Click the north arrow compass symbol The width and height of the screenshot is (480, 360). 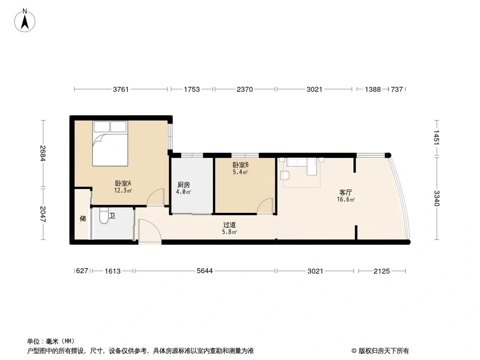(x=25, y=21)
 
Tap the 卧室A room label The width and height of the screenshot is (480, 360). (x=123, y=184)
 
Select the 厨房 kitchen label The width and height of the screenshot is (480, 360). (x=184, y=185)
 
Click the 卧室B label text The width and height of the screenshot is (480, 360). (x=240, y=165)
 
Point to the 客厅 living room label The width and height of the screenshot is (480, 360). (x=346, y=193)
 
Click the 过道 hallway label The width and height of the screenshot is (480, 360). (x=229, y=225)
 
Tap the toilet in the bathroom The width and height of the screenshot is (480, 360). (x=104, y=216)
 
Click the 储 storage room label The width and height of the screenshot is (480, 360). (x=83, y=218)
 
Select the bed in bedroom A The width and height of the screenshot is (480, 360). (x=110, y=144)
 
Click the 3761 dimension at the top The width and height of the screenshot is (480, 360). (x=121, y=89)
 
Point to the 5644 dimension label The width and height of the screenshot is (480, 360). (x=205, y=271)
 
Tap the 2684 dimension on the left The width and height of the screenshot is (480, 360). (x=43, y=153)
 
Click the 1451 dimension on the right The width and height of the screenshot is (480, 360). (x=436, y=137)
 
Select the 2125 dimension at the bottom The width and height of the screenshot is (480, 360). (x=382, y=271)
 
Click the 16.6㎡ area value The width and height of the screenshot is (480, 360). (x=346, y=200)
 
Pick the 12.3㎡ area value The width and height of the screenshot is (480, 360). (x=123, y=190)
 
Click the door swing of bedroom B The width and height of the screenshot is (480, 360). (x=265, y=206)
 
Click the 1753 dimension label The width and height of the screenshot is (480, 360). (x=192, y=89)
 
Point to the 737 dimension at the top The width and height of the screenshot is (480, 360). (x=397, y=89)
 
